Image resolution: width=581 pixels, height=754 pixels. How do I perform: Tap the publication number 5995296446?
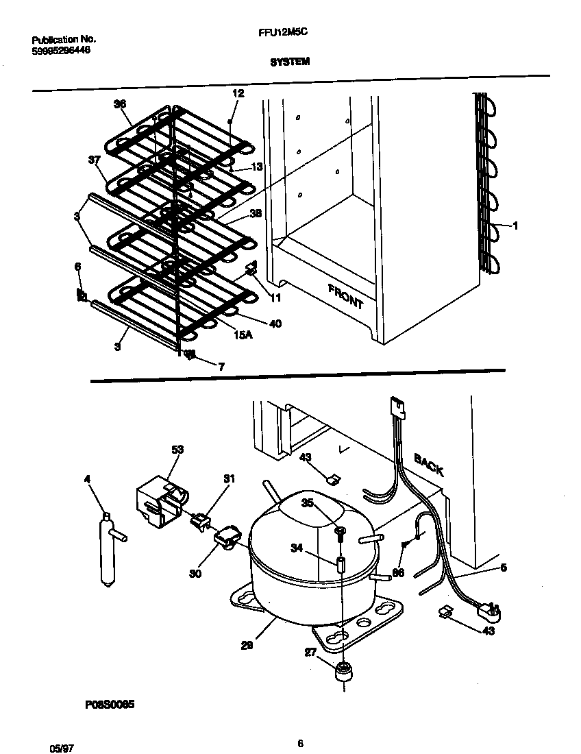(x=61, y=51)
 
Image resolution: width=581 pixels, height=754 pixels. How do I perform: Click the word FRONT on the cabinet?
(x=345, y=296)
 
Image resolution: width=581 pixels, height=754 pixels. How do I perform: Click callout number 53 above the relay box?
(x=177, y=450)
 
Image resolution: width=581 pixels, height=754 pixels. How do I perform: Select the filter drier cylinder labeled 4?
(x=108, y=548)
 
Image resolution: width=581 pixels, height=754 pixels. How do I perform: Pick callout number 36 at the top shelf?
(x=120, y=104)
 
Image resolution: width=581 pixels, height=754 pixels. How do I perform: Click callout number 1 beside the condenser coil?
(x=516, y=225)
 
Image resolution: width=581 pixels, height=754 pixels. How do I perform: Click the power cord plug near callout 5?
(x=489, y=609)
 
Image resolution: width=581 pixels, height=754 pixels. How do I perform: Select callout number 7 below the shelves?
(x=221, y=367)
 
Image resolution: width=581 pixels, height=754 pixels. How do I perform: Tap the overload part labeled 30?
(x=227, y=535)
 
